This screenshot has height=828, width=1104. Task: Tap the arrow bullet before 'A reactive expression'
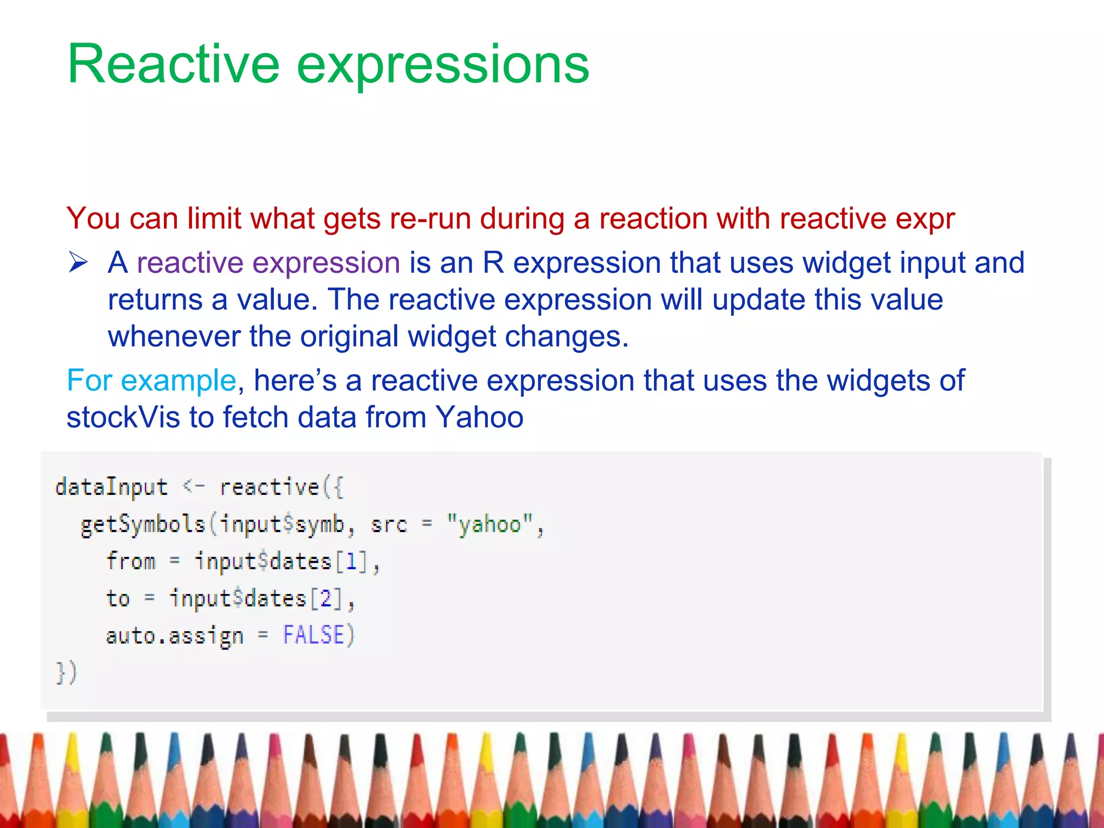pyautogui.click(x=78, y=263)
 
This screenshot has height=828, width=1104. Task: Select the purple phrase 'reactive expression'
pyautogui.click(x=268, y=264)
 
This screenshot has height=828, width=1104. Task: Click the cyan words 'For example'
pyautogui.click(x=151, y=381)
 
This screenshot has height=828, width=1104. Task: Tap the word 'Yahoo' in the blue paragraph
pyautogui.click(x=479, y=418)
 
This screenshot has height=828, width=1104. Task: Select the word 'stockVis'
pyautogui.click(x=123, y=418)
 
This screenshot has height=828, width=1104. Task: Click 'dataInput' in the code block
pyautogui.click(x=112, y=487)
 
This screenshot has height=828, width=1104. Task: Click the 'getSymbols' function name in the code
pyautogui.click(x=143, y=525)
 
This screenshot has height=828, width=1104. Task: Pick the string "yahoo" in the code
pyautogui.click(x=490, y=524)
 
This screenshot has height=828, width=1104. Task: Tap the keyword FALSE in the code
pyautogui.click(x=313, y=635)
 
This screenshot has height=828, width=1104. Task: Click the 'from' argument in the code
pyautogui.click(x=130, y=561)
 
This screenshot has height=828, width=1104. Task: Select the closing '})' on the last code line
pyautogui.click(x=67, y=673)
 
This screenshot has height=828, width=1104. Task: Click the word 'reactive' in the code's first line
pyautogui.click(x=270, y=487)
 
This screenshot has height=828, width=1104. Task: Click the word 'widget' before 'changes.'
pyautogui.click(x=452, y=337)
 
